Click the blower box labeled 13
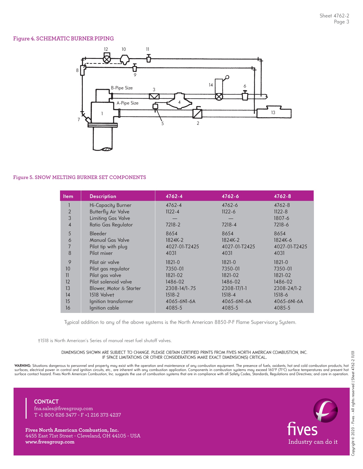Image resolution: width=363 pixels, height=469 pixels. click(x=274, y=113)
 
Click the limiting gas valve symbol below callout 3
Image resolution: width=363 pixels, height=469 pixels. click(x=154, y=96)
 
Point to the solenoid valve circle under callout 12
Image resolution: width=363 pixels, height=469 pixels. click(x=106, y=59)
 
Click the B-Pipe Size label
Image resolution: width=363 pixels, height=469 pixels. click(x=122, y=88)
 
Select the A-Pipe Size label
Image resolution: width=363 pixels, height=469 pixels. click(x=128, y=103)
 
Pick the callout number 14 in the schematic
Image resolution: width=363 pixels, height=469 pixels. click(x=211, y=85)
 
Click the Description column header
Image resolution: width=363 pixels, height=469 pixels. click(x=103, y=196)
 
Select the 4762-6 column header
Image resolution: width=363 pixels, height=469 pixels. click(x=230, y=196)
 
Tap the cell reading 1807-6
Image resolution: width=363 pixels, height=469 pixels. click(x=281, y=218)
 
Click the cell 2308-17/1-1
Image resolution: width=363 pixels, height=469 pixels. click(x=234, y=288)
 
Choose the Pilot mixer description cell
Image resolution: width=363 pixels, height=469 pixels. click(x=101, y=253)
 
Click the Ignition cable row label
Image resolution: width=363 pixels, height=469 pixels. click(x=104, y=308)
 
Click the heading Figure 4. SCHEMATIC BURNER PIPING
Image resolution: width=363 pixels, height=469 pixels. click(x=63, y=39)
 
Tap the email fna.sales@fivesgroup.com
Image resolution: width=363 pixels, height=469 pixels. click(x=63, y=409)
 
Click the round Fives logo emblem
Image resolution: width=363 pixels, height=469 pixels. click(x=325, y=410)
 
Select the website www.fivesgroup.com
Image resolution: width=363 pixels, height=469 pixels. click(x=50, y=442)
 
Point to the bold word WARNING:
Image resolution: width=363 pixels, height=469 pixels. click(x=23, y=366)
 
